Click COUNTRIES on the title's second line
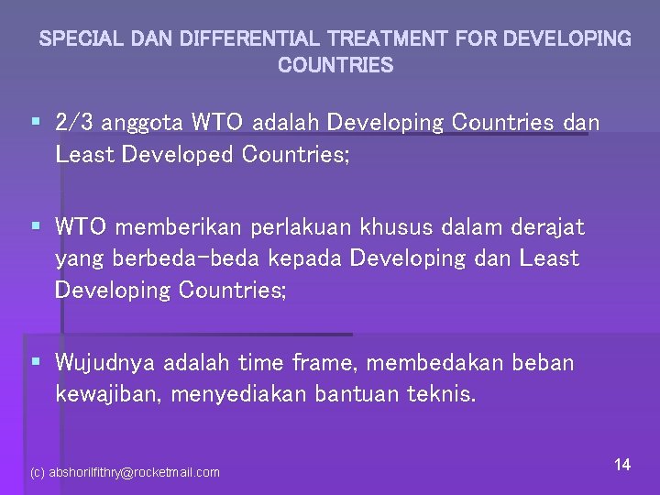point(335,66)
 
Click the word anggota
point(148,123)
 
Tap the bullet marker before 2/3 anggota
point(35,121)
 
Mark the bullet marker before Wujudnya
point(35,362)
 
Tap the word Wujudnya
point(105,364)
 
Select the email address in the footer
point(126,472)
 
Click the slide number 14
point(622,465)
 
